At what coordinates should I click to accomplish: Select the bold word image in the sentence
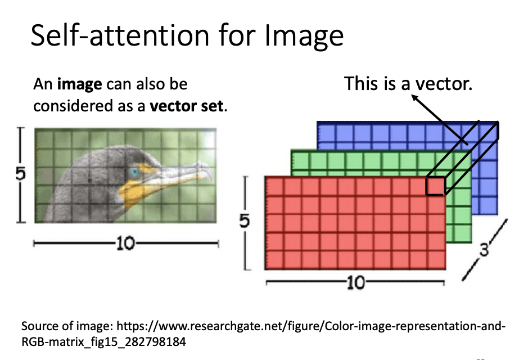(79, 85)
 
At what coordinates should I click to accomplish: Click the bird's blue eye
(134, 172)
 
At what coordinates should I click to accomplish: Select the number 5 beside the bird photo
(20, 174)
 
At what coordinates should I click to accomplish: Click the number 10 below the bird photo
(125, 244)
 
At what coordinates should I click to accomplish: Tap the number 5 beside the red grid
(244, 221)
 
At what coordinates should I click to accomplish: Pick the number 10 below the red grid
(356, 283)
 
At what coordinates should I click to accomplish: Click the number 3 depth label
(484, 250)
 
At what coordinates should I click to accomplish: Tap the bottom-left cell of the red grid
(274, 260)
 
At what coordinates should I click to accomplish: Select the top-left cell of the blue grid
(326, 132)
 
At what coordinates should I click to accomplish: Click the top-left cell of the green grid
(300, 160)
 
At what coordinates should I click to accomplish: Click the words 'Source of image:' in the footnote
(67, 327)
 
